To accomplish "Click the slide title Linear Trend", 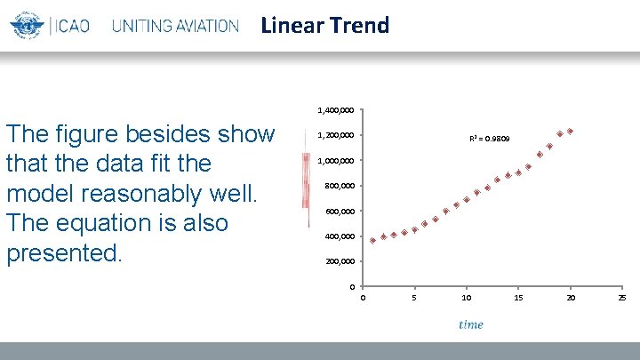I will (x=324, y=26).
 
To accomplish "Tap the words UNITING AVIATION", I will (x=175, y=26).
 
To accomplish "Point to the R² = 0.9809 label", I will (x=490, y=139).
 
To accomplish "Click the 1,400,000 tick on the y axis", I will (x=336, y=110).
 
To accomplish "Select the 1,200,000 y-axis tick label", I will (x=336, y=136).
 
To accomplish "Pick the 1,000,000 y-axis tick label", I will (x=336, y=161).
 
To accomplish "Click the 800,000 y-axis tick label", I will (x=339, y=186).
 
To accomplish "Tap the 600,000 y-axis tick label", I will (x=339, y=212).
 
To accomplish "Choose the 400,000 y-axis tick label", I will (x=339, y=236).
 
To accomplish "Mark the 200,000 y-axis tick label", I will (x=339, y=261).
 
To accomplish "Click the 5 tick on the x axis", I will (x=414, y=297).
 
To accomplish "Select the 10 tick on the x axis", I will (x=466, y=297).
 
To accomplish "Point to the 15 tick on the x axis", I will (x=518, y=297).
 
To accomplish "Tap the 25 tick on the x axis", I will (x=622, y=297).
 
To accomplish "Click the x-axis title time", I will (x=471, y=324).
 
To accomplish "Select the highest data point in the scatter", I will (x=571, y=132).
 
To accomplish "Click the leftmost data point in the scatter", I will (x=373, y=240).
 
